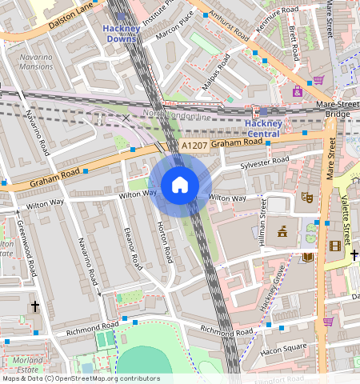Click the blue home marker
180,186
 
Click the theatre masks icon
305,196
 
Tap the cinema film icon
334,246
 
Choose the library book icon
308,257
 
